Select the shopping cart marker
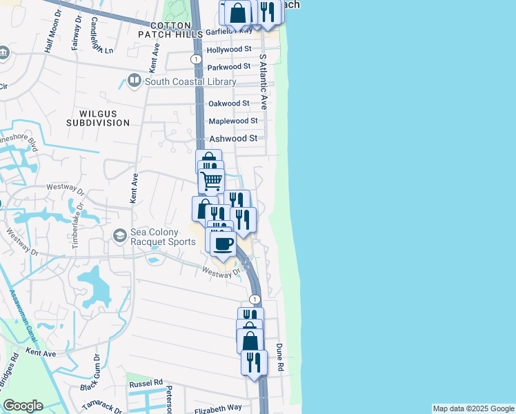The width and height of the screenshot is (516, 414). point(211,181)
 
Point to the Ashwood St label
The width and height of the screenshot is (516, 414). point(233,138)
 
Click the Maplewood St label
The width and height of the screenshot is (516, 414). point(233,121)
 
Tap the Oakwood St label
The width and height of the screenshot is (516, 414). point(228,103)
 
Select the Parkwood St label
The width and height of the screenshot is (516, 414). point(228,67)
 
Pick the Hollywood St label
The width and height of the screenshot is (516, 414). point(229,50)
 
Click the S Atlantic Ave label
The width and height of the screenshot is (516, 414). point(263,81)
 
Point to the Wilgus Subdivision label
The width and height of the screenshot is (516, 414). point(98,117)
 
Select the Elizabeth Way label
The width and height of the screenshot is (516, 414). point(218,408)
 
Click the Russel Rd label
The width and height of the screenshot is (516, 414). point(146,382)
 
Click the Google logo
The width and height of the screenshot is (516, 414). point(23,406)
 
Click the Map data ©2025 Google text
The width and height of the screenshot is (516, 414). point(473,408)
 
